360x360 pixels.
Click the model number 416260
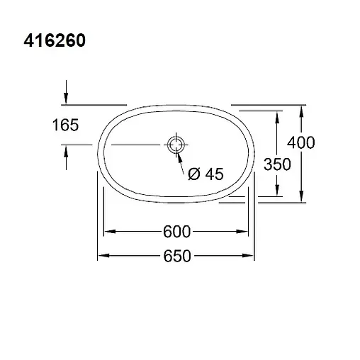55,41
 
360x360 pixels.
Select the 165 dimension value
65,126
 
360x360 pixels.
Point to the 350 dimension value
276,164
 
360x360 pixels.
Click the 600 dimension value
177,232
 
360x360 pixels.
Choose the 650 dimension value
177,256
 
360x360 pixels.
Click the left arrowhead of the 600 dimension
109,232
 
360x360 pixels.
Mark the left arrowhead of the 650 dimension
101,256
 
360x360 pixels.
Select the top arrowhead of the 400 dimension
303,111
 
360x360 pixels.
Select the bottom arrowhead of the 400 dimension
303,197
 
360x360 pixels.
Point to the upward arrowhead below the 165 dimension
66,150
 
